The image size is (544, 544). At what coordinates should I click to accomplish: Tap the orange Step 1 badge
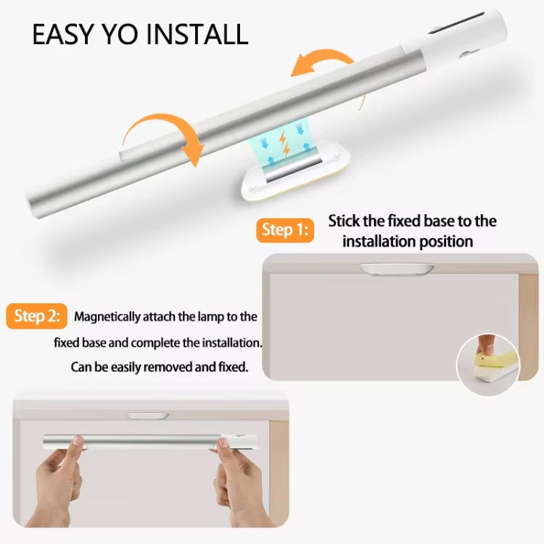284,230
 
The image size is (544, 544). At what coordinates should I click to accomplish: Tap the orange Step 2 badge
38,317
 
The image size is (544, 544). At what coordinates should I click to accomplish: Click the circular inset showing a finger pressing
488,363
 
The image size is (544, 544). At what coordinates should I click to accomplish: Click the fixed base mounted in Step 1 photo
397,268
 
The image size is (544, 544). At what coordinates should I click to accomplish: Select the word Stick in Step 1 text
346,221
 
